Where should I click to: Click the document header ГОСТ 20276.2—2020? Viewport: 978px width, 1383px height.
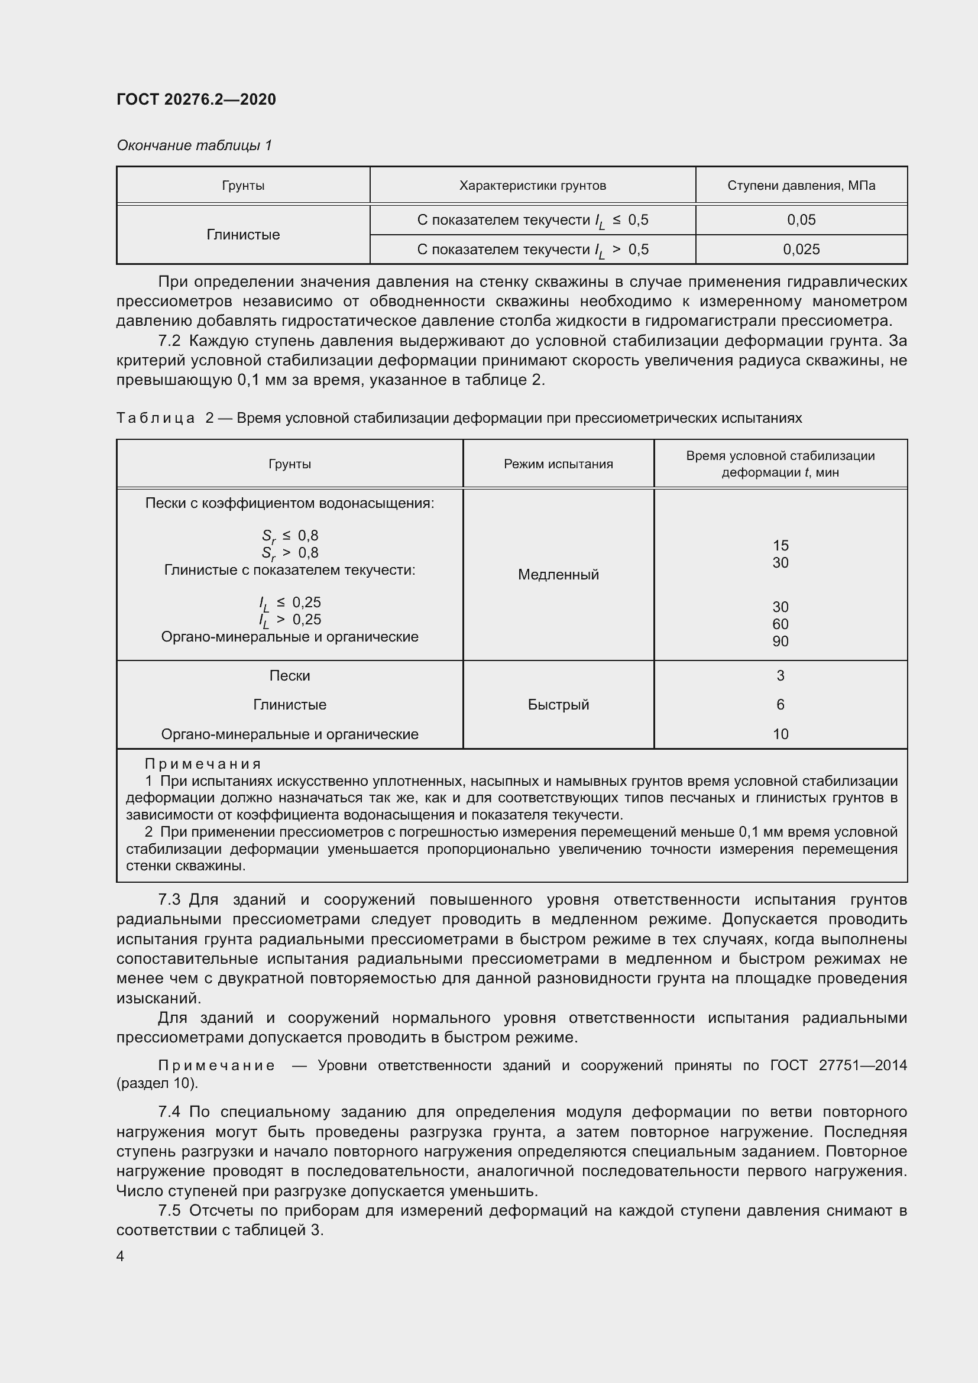pyautogui.click(x=196, y=99)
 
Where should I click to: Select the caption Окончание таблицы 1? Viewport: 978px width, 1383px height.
pyautogui.click(x=194, y=145)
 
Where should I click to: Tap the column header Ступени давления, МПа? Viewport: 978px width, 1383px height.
pyautogui.click(x=801, y=186)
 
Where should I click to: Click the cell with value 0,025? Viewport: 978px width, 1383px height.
pyautogui.click(x=801, y=250)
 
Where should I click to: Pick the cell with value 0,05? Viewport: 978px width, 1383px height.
pyautogui.click(x=801, y=220)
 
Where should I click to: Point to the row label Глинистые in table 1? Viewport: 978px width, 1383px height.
pyautogui.click(x=242, y=234)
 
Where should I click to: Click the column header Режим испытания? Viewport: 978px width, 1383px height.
pyautogui.click(x=558, y=464)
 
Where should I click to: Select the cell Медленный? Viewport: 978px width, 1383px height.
pyautogui.click(x=558, y=575)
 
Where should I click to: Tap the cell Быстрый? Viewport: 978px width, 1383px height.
pyautogui.click(x=558, y=704)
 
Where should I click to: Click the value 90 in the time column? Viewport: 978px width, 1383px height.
pyautogui.click(x=780, y=642)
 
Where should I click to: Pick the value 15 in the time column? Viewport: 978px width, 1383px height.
pyautogui.click(x=780, y=545)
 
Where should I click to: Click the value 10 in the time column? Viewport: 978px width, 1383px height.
pyautogui.click(x=780, y=734)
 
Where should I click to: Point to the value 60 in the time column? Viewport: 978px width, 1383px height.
pyautogui.click(x=780, y=624)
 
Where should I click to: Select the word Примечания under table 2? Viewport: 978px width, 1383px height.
pyautogui.click(x=202, y=764)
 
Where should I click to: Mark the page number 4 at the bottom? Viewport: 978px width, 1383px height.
pyautogui.click(x=120, y=1256)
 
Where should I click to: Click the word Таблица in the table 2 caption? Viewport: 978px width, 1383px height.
pyautogui.click(x=156, y=418)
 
